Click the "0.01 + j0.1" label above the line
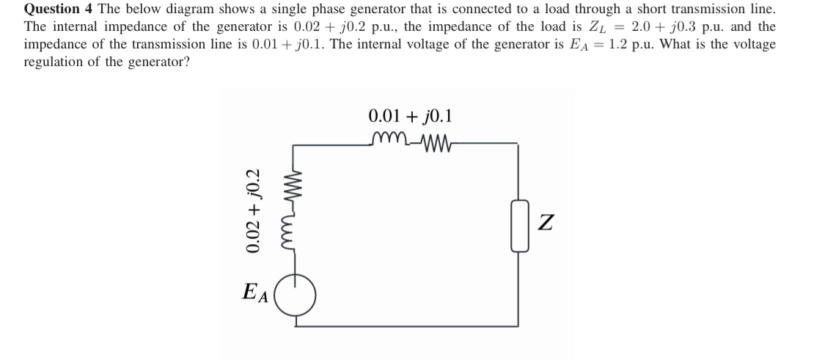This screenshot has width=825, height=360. coord(411,117)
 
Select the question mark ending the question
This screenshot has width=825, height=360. coord(187,62)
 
